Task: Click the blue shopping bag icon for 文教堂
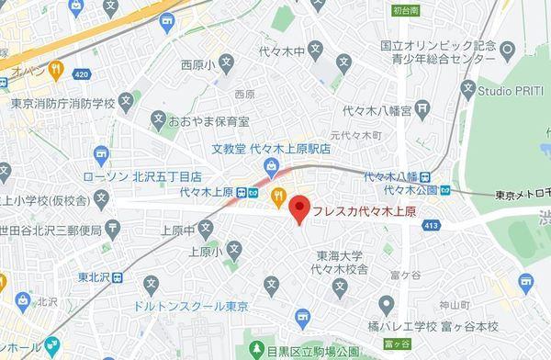pyautogui.click(x=271, y=166)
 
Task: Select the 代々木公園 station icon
pyautogui.click(x=446, y=190)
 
